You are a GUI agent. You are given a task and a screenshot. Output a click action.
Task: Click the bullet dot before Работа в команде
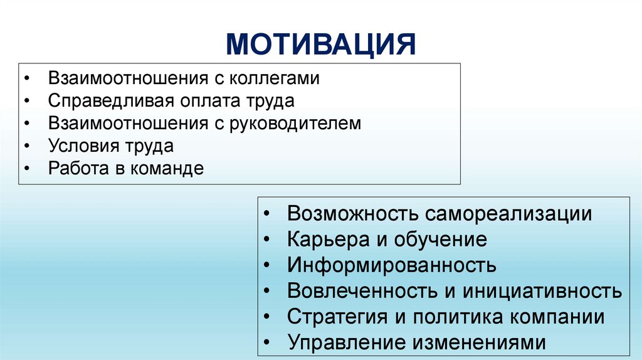point(27,169)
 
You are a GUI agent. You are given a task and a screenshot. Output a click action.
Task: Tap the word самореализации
point(510,213)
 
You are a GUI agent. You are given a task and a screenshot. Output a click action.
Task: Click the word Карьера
point(328,240)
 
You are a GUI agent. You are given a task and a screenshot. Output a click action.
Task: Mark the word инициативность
point(542,291)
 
